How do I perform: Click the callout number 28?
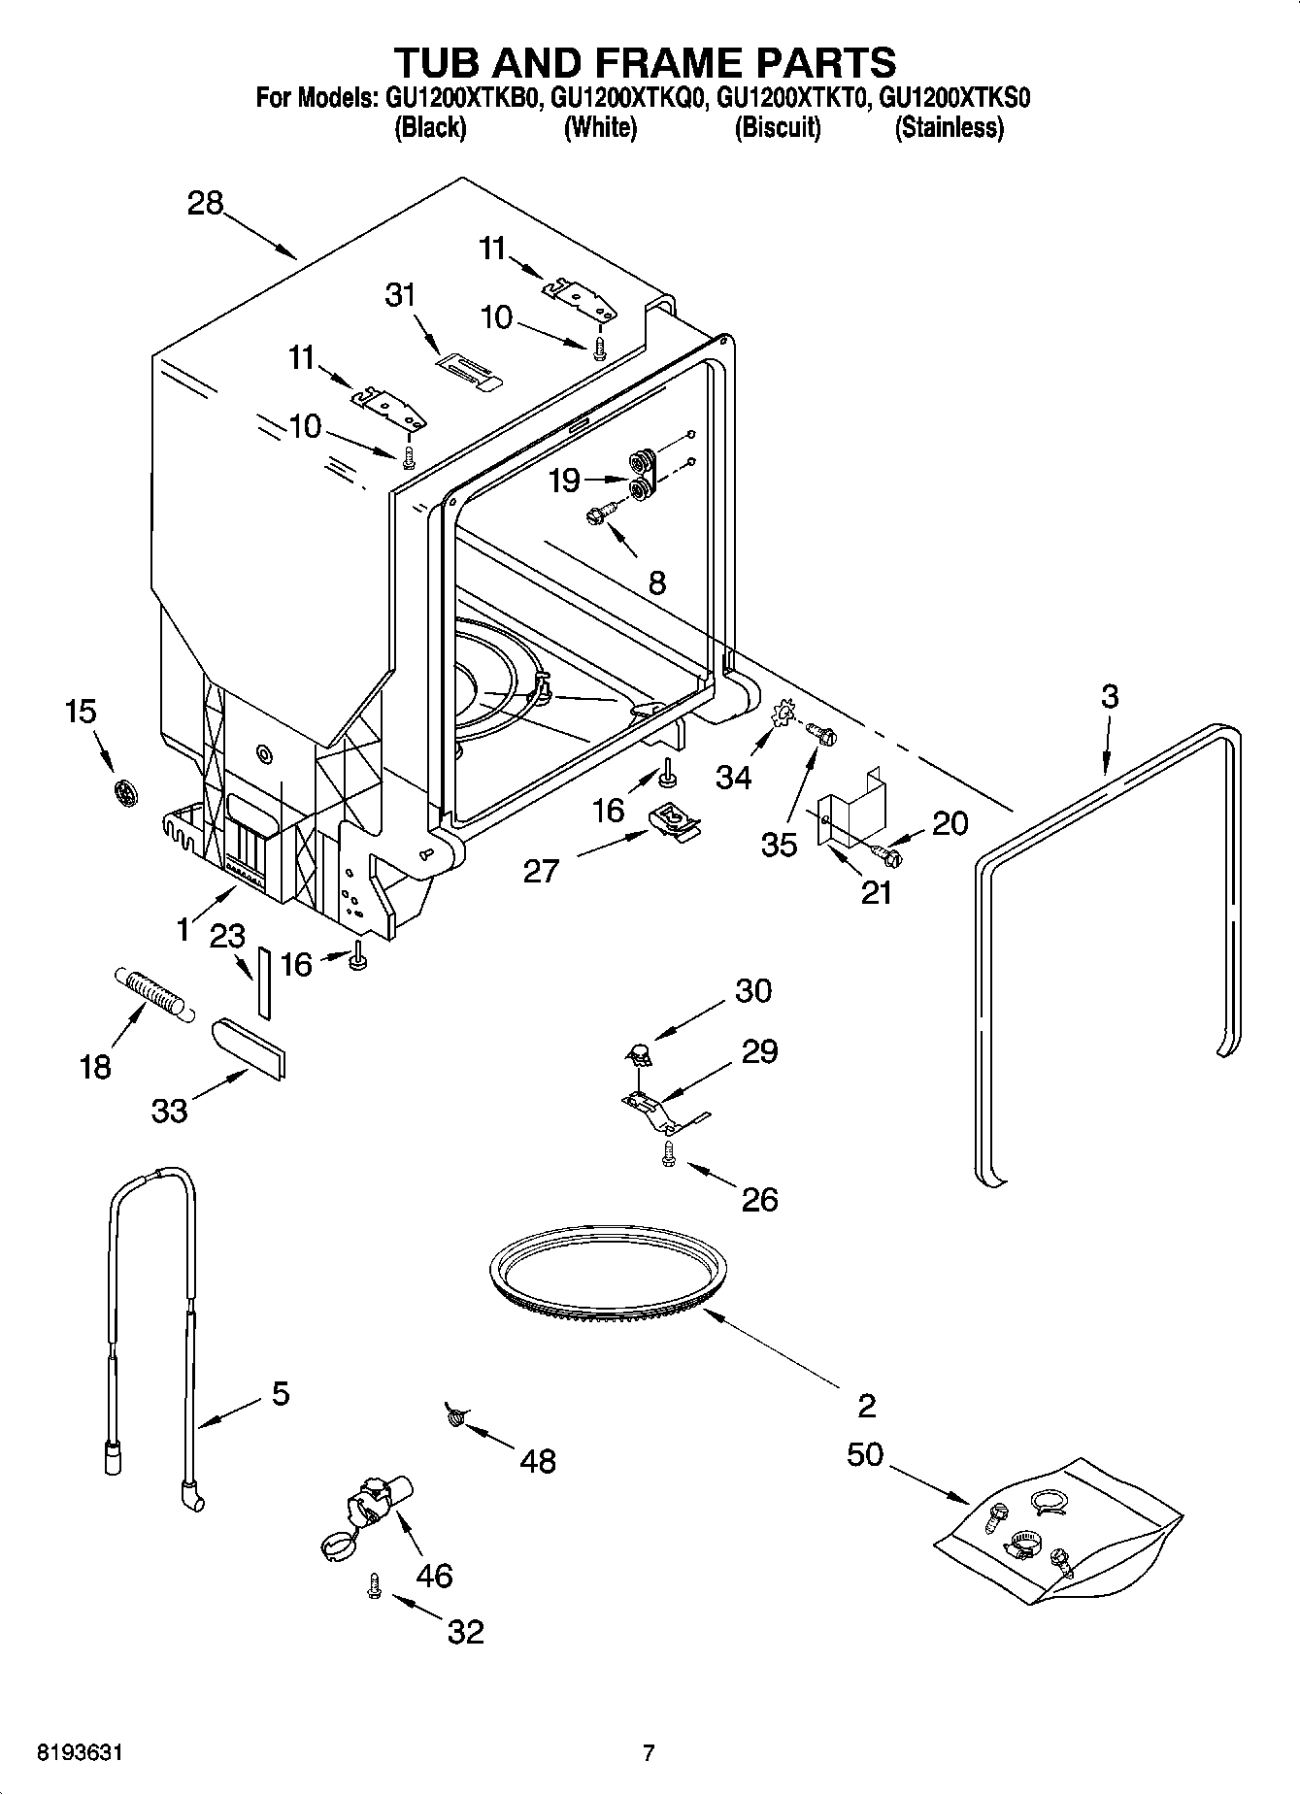(206, 205)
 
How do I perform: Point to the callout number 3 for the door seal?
(1110, 697)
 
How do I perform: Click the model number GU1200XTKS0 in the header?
(953, 98)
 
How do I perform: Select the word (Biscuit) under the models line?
(778, 128)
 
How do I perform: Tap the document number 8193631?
(81, 1753)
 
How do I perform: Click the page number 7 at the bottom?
(649, 1753)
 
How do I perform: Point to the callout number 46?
(434, 1575)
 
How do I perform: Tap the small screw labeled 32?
(373, 1585)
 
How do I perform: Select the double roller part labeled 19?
(643, 475)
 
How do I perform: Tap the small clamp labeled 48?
(454, 1416)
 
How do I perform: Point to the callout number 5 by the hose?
(280, 1395)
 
